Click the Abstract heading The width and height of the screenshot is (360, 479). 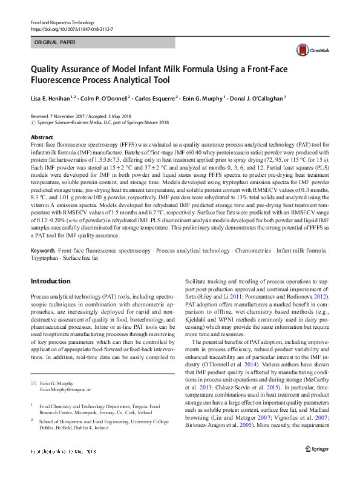pos(42,137)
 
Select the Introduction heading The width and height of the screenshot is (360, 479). pos(51,281)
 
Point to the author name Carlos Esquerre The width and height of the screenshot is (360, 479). pos(152,97)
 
